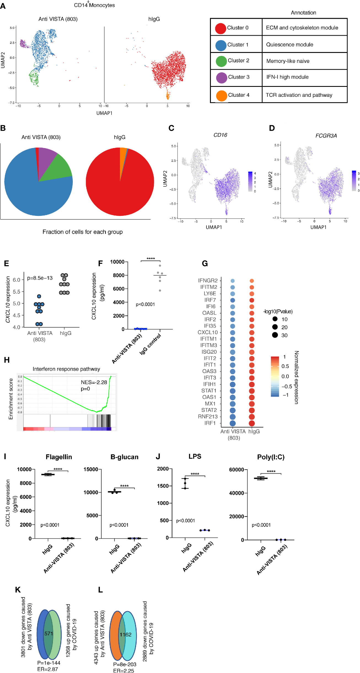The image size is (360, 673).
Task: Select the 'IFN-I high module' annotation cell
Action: (x=287, y=77)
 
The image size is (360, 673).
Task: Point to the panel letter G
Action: (x=205, y=263)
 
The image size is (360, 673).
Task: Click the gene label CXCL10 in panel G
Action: (x=208, y=332)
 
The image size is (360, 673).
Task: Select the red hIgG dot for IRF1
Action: (x=252, y=423)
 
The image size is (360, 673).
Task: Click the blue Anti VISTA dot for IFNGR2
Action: (x=233, y=281)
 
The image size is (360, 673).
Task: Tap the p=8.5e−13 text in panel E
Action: (x=40, y=278)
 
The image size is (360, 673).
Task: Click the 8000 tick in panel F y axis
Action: (x=119, y=275)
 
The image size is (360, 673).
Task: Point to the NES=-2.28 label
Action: (x=94, y=382)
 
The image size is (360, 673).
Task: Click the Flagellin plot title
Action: (x=59, y=457)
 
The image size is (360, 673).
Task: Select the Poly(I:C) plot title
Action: (x=271, y=457)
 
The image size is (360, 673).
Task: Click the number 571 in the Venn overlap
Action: (x=49, y=633)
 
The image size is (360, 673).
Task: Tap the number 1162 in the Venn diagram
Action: (x=125, y=634)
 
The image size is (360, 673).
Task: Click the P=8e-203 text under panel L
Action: (x=125, y=664)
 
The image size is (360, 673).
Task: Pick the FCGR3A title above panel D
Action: (x=326, y=136)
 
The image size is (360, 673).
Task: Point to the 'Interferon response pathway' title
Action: (x=66, y=369)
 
